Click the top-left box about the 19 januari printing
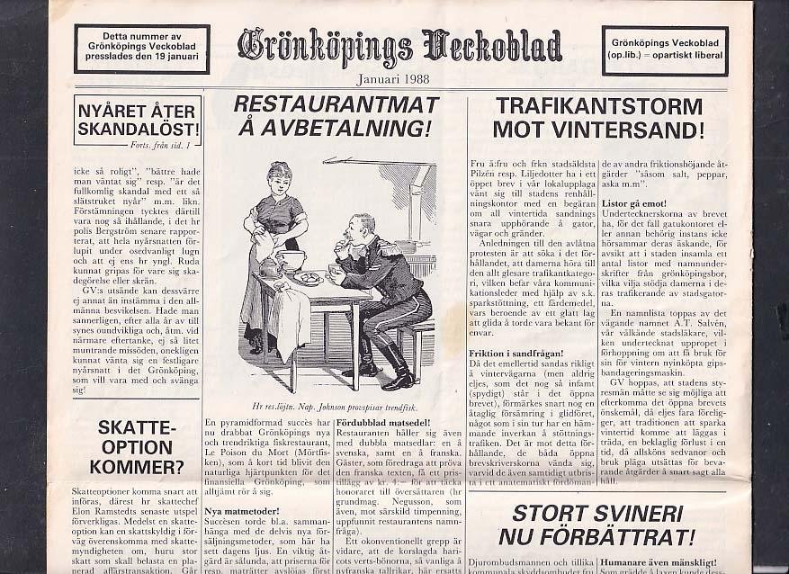click(x=142, y=49)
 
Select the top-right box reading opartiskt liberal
click(x=664, y=50)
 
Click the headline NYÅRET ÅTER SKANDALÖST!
click(x=139, y=120)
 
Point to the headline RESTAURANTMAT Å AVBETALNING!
click(x=336, y=116)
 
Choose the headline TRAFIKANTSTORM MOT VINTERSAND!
click(x=597, y=117)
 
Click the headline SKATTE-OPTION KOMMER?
click(x=137, y=446)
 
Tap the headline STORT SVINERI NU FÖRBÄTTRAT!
click(x=597, y=525)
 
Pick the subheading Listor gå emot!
click(x=633, y=203)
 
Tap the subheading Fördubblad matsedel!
click(x=382, y=423)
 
